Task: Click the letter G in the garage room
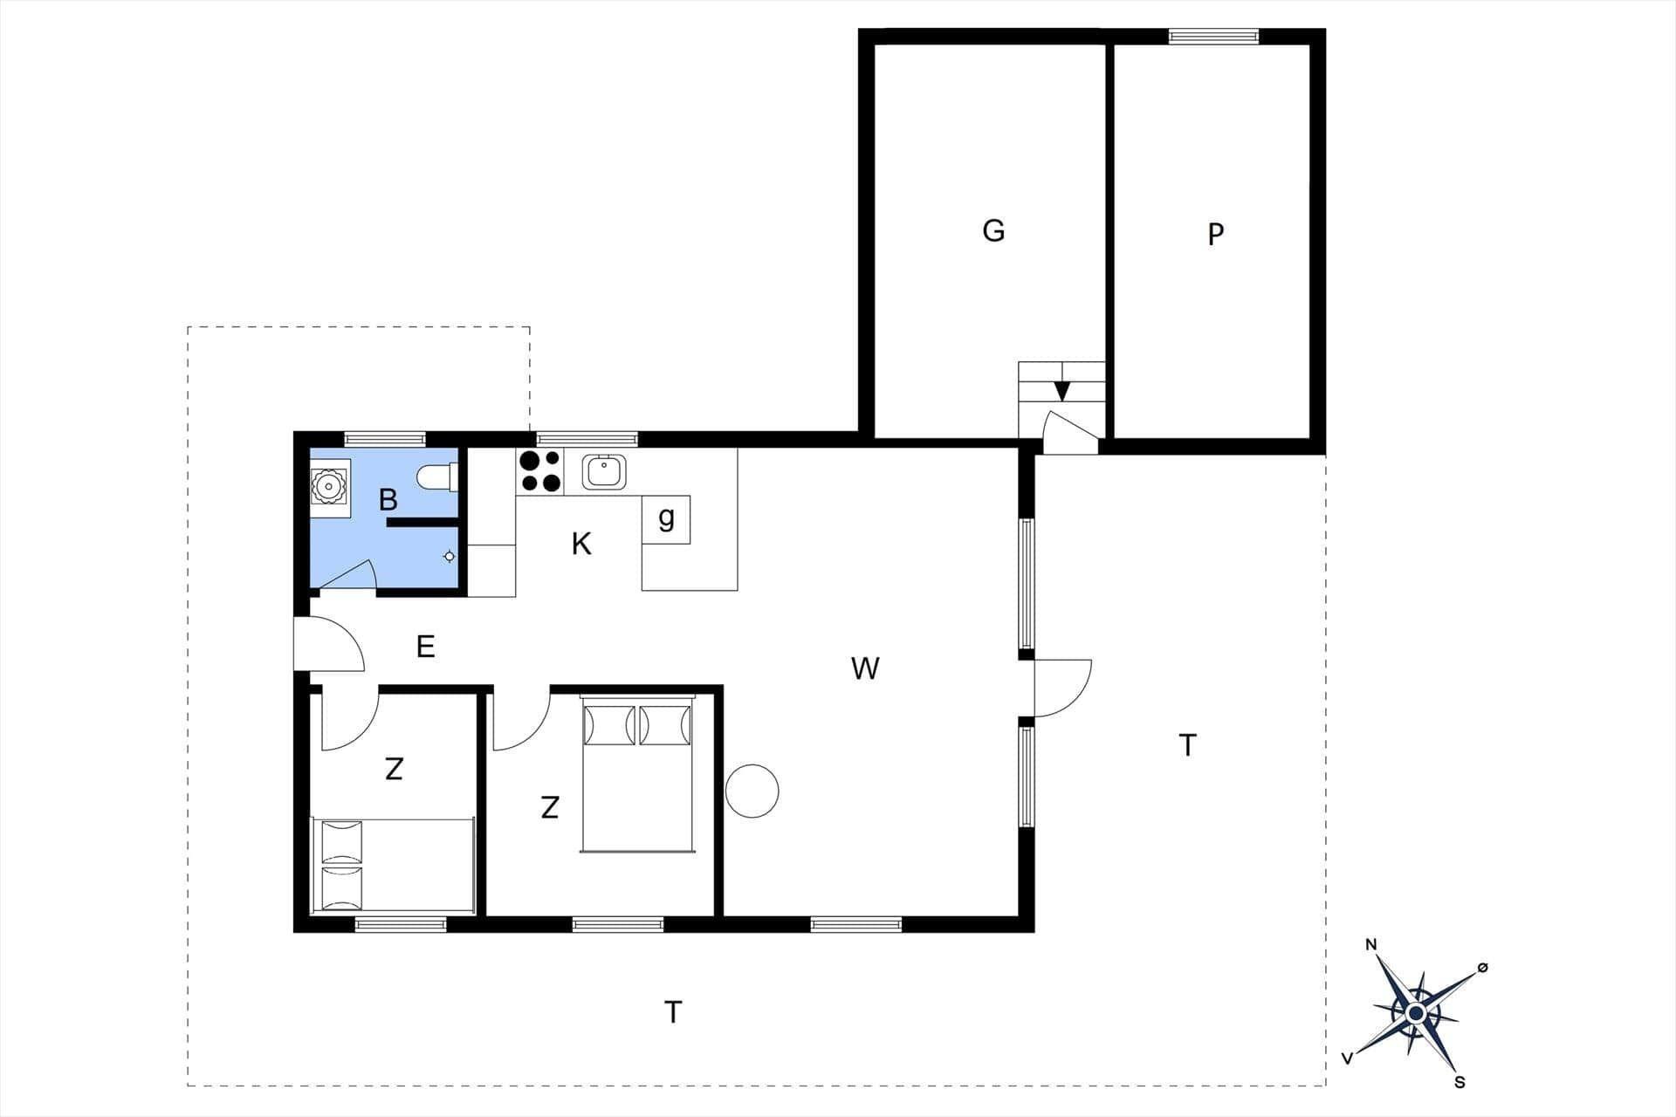point(993,230)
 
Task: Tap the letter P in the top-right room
point(1216,234)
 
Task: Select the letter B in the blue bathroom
point(388,500)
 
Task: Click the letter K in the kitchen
point(581,544)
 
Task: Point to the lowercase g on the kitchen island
point(666,518)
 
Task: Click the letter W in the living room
point(865,668)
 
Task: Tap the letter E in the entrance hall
point(426,647)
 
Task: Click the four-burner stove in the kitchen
point(540,471)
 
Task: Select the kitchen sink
point(603,472)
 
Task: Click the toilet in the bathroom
point(438,477)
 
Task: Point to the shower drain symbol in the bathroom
point(450,557)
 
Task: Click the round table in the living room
point(752,791)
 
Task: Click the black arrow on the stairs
point(1062,391)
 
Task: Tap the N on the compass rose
point(1371,945)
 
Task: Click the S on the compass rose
point(1460,1083)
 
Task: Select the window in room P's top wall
point(1214,36)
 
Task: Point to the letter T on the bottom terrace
point(673,1012)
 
